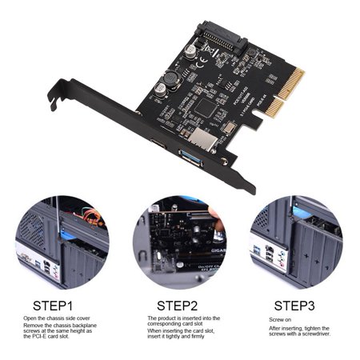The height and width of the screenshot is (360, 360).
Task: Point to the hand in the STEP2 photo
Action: [x=210, y=216]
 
